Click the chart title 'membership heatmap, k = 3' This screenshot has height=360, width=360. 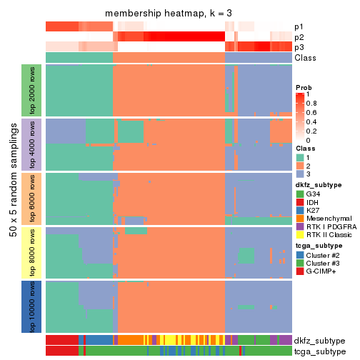pos(169,14)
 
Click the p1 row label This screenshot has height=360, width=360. pos(299,27)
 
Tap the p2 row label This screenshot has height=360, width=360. pos(299,37)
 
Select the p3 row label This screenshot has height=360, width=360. pos(299,47)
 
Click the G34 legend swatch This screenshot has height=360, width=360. pos(300,194)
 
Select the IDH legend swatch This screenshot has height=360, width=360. pos(300,202)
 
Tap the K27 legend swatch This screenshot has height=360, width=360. pos(300,211)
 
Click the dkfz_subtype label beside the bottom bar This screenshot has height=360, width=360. pos(319,341)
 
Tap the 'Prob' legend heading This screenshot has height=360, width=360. pos(305,87)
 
